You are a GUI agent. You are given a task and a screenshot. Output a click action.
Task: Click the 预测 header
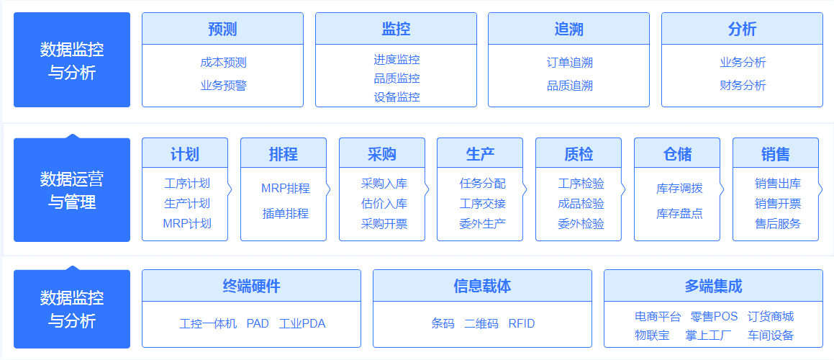tap(222, 29)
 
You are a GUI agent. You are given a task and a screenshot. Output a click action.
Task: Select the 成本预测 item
tap(223, 63)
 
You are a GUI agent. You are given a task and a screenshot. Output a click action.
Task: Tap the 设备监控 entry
tap(396, 97)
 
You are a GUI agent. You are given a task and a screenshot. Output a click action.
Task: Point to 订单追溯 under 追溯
tap(570, 63)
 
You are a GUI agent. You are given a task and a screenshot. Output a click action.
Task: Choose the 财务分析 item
tap(743, 85)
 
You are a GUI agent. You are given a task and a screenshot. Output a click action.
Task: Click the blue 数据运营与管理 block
tap(72, 189)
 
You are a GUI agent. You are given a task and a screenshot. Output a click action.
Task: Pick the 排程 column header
tap(284, 154)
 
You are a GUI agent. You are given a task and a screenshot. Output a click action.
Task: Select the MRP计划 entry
tap(186, 224)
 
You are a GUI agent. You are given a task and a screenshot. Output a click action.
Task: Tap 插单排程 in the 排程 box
tap(286, 214)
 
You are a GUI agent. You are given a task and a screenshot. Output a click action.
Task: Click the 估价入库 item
tap(384, 204)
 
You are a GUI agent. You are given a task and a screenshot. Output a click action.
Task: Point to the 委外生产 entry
tap(482, 224)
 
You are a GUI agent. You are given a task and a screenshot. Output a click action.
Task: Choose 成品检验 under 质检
tap(581, 204)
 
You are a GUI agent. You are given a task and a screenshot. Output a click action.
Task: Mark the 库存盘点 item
tap(679, 214)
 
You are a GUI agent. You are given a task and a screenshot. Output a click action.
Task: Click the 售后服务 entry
tap(778, 224)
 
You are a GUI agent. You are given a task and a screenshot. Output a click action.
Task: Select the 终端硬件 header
tap(252, 287)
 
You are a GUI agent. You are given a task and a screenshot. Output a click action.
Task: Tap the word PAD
tap(258, 324)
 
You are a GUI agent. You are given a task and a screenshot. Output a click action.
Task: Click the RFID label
tap(522, 324)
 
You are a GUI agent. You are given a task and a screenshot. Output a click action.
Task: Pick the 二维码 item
tap(481, 324)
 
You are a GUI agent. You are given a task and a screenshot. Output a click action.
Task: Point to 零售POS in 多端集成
tap(715, 317)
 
